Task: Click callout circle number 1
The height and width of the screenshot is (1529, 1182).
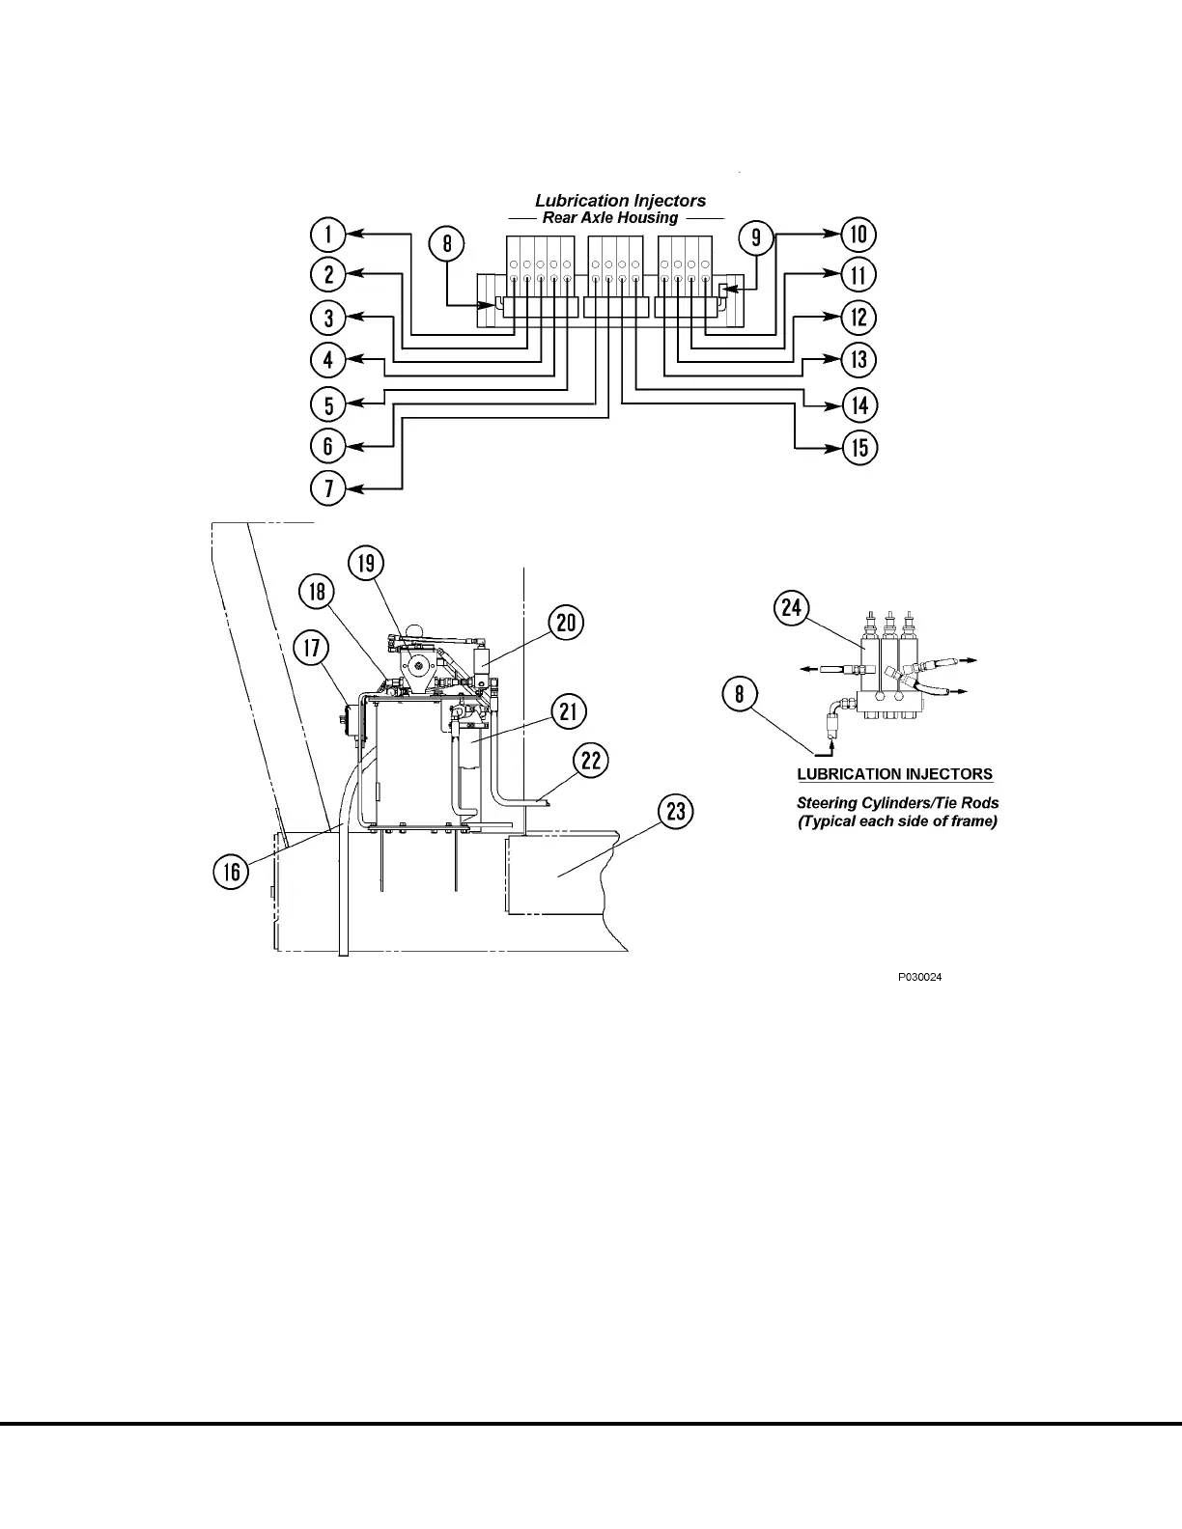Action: click(x=329, y=235)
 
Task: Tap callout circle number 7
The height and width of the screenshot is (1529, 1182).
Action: click(x=329, y=487)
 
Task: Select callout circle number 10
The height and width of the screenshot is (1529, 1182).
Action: click(x=858, y=234)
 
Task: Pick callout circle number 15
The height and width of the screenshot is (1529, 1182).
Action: click(x=858, y=448)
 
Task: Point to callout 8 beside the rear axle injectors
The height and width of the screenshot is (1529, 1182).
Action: click(x=447, y=242)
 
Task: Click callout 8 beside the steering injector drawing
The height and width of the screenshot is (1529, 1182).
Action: click(x=741, y=695)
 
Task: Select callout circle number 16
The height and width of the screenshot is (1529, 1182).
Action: click(x=232, y=873)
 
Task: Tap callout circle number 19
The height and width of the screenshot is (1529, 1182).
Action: click(x=366, y=563)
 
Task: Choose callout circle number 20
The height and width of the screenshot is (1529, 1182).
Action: click(x=566, y=623)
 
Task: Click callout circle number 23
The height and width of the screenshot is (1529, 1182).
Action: click(x=676, y=812)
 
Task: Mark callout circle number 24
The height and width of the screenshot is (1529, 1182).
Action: click(x=792, y=607)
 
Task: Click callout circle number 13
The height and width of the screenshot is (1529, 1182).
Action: click(x=858, y=361)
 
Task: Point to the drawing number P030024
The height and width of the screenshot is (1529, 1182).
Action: click(x=919, y=977)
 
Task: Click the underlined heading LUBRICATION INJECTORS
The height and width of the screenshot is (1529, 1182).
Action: click(x=894, y=774)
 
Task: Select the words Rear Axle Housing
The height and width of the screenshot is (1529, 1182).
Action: click(x=610, y=217)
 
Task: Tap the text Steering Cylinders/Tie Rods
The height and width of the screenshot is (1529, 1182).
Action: click(x=897, y=802)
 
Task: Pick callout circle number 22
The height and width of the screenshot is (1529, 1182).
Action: click(x=591, y=761)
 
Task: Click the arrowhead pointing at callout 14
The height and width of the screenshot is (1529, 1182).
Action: click(x=834, y=404)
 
